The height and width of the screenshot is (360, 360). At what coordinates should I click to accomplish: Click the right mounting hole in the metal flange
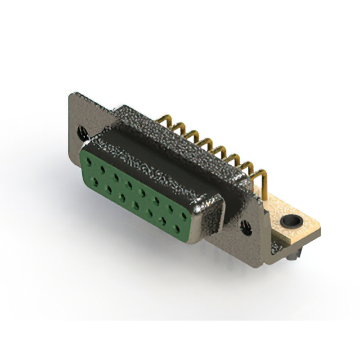[246, 227]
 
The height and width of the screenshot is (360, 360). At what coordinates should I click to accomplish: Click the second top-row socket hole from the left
[103, 168]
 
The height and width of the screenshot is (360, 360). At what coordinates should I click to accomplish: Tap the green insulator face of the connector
[141, 191]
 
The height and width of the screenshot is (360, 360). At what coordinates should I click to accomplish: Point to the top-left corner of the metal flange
[70, 96]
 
